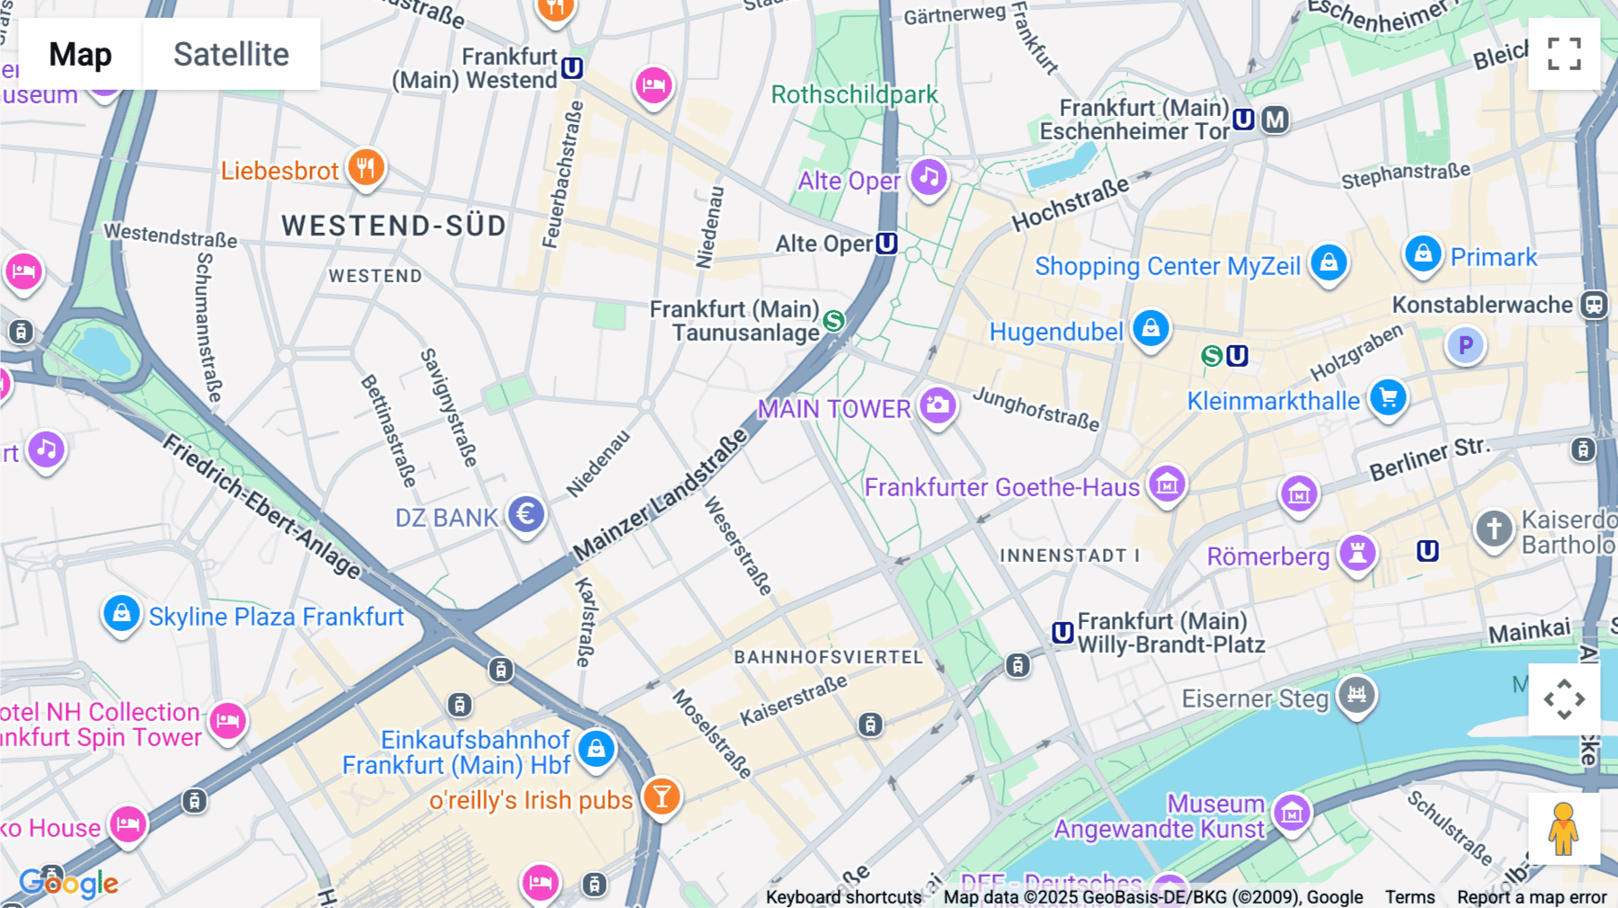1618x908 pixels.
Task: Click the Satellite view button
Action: click(231, 54)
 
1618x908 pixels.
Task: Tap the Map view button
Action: click(80, 54)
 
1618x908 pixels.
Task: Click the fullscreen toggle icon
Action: click(1564, 54)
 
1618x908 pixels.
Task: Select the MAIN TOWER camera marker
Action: click(938, 406)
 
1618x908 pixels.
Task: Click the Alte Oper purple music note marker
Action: click(929, 177)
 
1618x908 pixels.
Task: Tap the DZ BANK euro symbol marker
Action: click(526, 515)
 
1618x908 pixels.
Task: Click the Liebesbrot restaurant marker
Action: click(366, 167)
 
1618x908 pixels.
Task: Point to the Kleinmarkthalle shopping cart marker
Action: click(1389, 397)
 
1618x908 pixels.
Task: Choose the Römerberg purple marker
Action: click(1357, 553)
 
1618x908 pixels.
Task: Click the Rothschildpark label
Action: click(854, 94)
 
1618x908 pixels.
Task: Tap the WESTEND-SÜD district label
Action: click(394, 226)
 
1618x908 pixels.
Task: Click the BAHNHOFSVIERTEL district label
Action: click(828, 657)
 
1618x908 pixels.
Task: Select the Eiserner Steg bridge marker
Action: click(1356, 695)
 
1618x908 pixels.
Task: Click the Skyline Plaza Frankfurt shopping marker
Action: click(121, 614)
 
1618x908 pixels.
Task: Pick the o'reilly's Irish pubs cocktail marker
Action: click(662, 797)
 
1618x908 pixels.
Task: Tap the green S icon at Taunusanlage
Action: click(834, 320)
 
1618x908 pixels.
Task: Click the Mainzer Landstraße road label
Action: click(660, 494)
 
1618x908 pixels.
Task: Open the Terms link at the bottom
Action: click(1409, 896)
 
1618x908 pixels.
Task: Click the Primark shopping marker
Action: click(1423, 254)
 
